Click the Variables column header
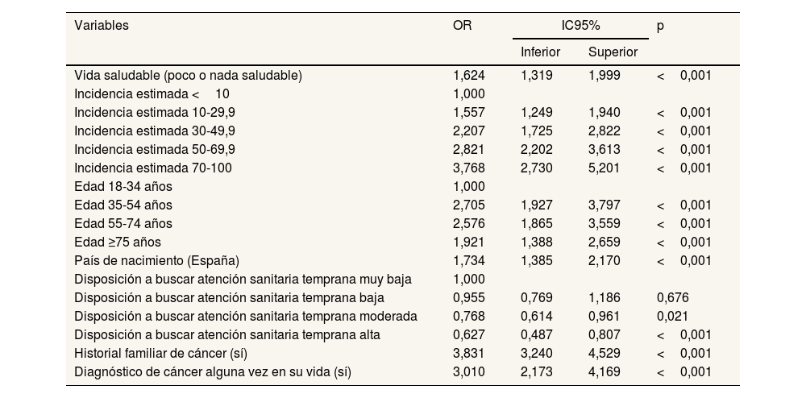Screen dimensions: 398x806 102,26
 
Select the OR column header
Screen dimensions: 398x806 463,26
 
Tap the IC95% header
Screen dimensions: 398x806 580,26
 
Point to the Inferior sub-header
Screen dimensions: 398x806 541,52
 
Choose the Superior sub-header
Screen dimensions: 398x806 613,52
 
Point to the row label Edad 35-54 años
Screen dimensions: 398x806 123,205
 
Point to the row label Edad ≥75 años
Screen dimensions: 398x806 118,242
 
